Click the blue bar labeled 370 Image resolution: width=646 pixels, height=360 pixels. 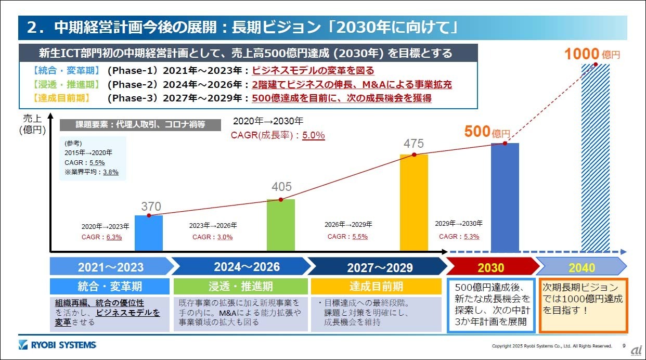(148, 233)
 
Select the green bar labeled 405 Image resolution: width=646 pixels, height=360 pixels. (280, 225)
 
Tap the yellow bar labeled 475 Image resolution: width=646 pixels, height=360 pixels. (414, 203)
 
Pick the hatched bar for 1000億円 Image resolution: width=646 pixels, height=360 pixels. (595, 156)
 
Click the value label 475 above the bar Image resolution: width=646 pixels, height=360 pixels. (414, 144)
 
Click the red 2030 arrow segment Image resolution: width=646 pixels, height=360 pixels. (490, 267)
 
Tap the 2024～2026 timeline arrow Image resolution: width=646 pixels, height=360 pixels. (239, 267)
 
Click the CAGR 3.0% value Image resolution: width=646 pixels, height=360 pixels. (225, 237)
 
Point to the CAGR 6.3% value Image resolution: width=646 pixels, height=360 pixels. (114, 237)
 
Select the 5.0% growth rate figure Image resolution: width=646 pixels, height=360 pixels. (314, 135)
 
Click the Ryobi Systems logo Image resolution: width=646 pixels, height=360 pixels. (57, 345)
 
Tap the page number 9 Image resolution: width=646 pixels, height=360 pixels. (624, 345)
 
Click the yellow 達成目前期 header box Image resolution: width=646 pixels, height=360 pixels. (376, 286)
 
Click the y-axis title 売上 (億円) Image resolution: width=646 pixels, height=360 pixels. (33, 124)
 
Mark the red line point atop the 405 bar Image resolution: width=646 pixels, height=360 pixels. (281, 200)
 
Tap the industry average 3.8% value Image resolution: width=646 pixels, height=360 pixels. (110, 172)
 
